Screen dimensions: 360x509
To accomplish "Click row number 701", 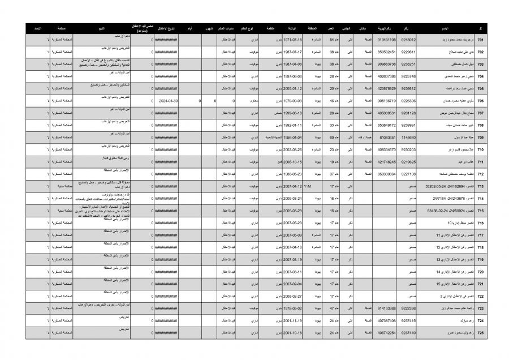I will coord(480,40).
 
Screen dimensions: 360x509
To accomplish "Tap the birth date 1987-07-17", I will coord(292,52).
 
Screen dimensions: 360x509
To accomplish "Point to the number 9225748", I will coord(408,76).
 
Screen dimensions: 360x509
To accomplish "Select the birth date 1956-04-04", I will coord(292,138).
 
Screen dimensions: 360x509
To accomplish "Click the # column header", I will coord(480,28).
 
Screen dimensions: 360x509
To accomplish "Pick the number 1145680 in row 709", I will coord(408,138).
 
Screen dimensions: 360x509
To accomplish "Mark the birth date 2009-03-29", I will coord(292,211).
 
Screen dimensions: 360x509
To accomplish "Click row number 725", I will coord(480,333).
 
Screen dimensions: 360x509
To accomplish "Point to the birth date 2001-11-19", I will coord(292,320).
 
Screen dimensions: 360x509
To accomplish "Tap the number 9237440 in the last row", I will coord(408,333).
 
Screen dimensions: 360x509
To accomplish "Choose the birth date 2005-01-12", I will coord(292,89).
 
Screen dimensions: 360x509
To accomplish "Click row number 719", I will coord(480,260).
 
